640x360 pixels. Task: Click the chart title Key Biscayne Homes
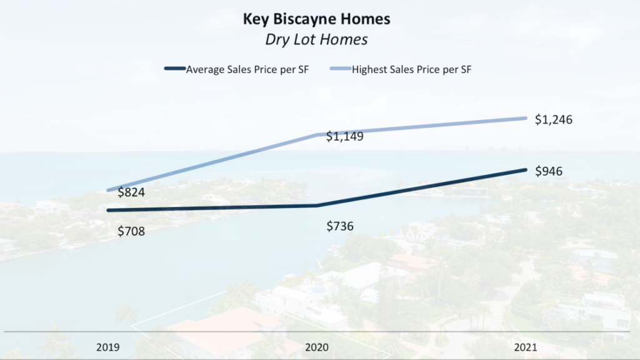tap(316, 19)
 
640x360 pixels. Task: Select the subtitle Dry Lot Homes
tap(316, 39)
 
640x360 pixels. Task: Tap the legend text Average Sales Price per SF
tap(247, 69)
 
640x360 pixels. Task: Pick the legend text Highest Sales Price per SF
tap(411, 69)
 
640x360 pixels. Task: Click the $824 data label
tap(131, 192)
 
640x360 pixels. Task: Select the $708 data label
tap(131, 231)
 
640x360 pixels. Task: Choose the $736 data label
tap(340, 226)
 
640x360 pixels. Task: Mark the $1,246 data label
tap(554, 119)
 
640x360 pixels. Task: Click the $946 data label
tap(549, 171)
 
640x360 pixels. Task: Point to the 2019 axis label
tap(109, 346)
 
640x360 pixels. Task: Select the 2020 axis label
tap(317, 346)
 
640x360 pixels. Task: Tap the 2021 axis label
tap(526, 346)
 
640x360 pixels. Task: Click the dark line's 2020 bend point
tap(317, 205)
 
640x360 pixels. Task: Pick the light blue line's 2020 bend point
tap(317, 134)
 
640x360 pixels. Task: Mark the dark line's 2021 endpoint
tap(525, 169)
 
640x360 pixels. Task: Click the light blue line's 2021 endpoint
tap(525, 118)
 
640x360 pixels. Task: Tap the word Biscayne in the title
tap(301, 19)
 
